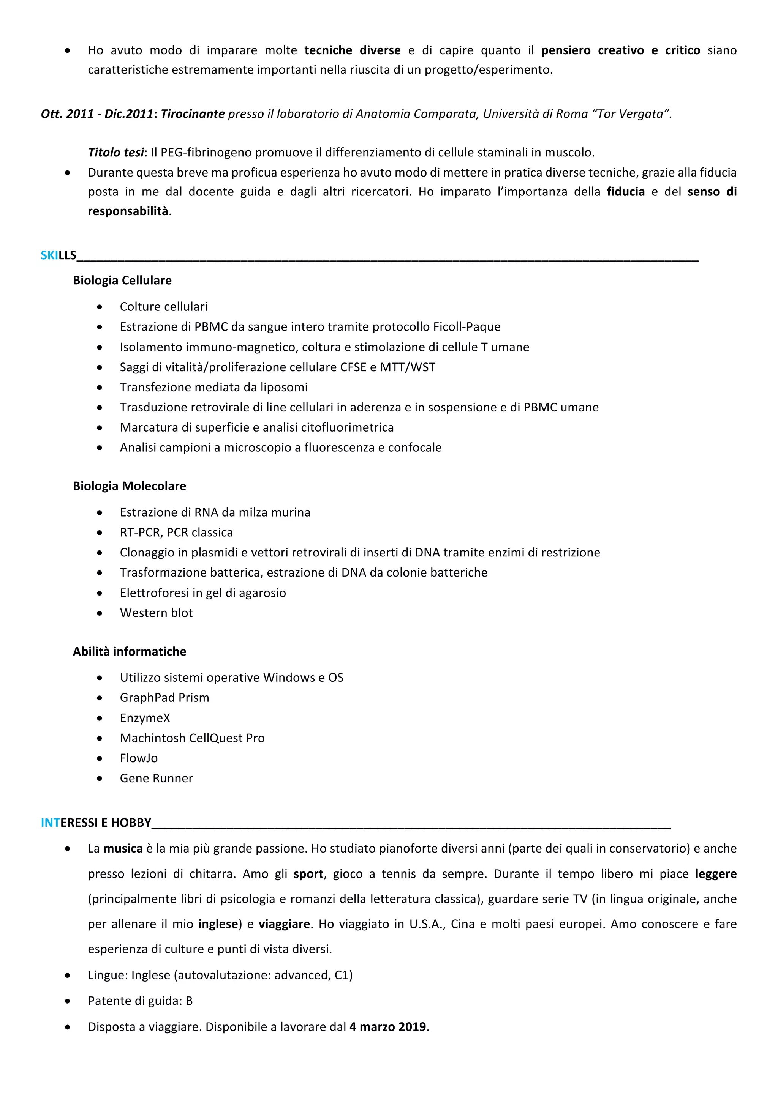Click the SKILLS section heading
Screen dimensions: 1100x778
coord(59,255)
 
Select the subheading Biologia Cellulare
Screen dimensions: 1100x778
coord(122,280)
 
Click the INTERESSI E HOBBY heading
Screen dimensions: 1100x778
coord(96,823)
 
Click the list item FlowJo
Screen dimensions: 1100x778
coord(139,758)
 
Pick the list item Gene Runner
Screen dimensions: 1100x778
coord(156,778)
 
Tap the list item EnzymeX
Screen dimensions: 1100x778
coord(145,718)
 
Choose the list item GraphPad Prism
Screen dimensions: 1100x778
coord(164,698)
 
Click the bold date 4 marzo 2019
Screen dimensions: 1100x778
coord(387,1027)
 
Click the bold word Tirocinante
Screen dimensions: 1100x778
coord(193,114)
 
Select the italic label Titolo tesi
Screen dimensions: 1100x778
coord(115,152)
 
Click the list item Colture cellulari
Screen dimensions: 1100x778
coord(163,307)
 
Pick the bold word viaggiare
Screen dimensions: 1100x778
coord(284,924)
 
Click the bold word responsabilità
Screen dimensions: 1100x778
coord(128,211)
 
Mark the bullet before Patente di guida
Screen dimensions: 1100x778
coord(68,1001)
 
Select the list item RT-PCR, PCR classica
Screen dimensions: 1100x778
coord(176,532)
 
